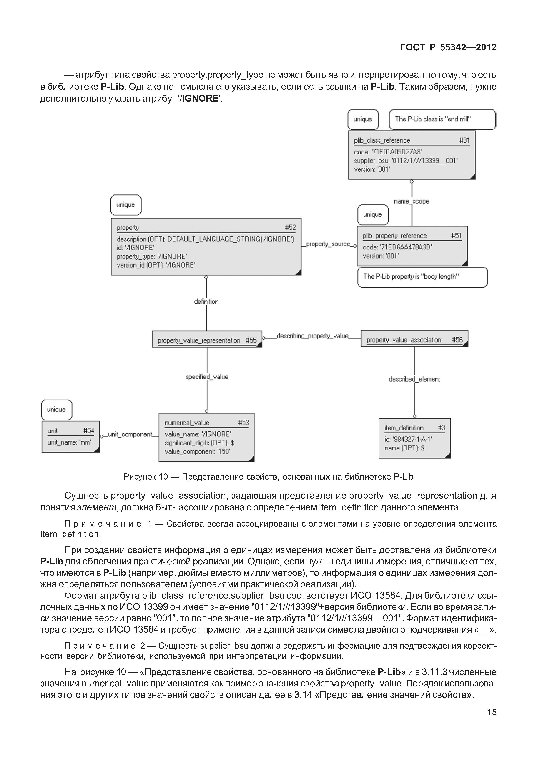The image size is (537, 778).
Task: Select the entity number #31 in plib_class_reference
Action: [464, 140]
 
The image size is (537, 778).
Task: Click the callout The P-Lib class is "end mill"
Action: [442, 119]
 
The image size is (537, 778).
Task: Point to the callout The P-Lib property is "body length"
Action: [422, 277]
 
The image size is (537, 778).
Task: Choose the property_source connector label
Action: [328, 244]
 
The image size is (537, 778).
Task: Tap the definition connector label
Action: [206, 302]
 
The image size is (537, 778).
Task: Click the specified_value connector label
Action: [207, 377]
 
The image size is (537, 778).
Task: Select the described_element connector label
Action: [414, 379]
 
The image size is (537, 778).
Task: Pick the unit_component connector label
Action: [130, 434]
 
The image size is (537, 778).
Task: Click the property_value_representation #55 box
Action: [207, 339]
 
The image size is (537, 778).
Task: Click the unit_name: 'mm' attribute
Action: [69, 442]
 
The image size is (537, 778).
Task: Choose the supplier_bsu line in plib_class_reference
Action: [405, 161]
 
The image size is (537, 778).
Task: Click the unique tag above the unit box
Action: [56, 410]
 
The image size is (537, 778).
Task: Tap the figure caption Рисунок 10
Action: [268, 477]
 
